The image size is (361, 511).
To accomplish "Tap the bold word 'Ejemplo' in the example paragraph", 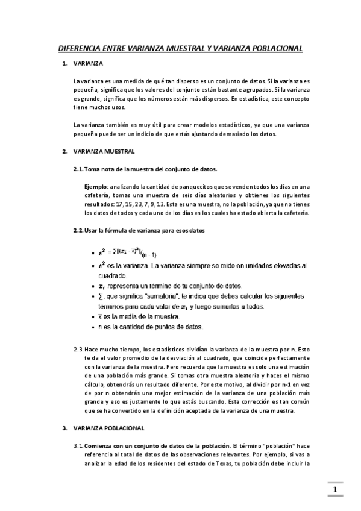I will coord(95,186).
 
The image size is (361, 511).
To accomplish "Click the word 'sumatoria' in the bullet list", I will coord(156,297).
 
